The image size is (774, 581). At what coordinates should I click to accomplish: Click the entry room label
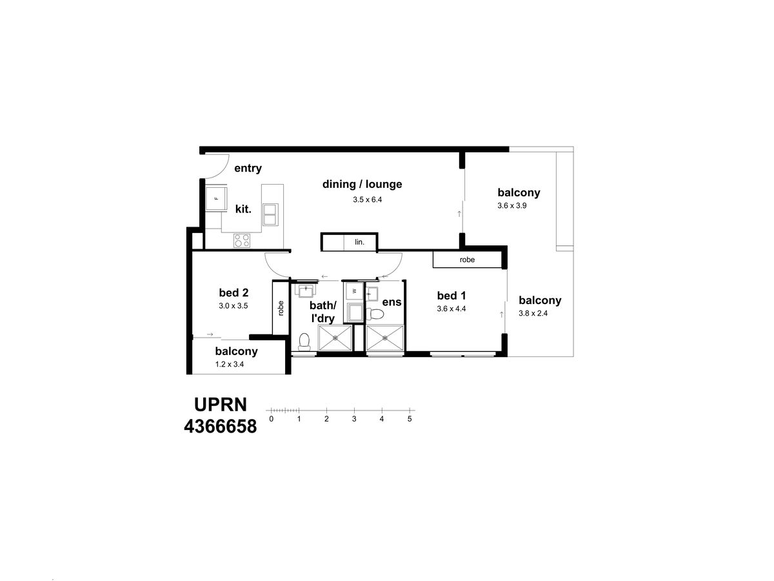point(248,168)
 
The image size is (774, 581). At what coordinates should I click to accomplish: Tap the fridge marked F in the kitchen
point(216,199)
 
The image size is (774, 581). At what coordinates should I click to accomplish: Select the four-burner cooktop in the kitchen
point(242,241)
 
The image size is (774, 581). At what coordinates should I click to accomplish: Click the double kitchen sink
point(270,214)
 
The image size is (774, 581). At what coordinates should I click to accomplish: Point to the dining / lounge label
point(362,184)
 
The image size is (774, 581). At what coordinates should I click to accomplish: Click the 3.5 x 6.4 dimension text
point(368,199)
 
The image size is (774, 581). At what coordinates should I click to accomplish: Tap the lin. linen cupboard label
point(360,242)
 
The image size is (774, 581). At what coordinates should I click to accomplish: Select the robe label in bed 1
point(467,260)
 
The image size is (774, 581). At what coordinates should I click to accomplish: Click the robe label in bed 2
point(281,308)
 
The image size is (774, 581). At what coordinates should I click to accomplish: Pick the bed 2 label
point(233,292)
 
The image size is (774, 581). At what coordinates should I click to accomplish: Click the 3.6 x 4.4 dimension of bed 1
point(451,309)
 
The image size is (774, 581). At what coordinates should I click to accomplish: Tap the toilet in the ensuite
point(375,313)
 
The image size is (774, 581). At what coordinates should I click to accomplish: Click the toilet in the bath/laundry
point(304,341)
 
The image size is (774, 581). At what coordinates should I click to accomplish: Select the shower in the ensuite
point(384,338)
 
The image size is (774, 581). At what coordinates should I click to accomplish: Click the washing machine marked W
point(354,291)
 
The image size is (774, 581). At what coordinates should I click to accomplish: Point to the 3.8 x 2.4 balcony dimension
point(533,313)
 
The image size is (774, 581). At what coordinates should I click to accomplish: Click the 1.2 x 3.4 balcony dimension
point(230,364)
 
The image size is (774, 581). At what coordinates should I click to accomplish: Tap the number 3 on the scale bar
point(354,419)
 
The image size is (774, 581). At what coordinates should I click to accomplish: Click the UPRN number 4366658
point(221,427)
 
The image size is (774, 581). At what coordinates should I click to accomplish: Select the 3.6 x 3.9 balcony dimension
point(512,206)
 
